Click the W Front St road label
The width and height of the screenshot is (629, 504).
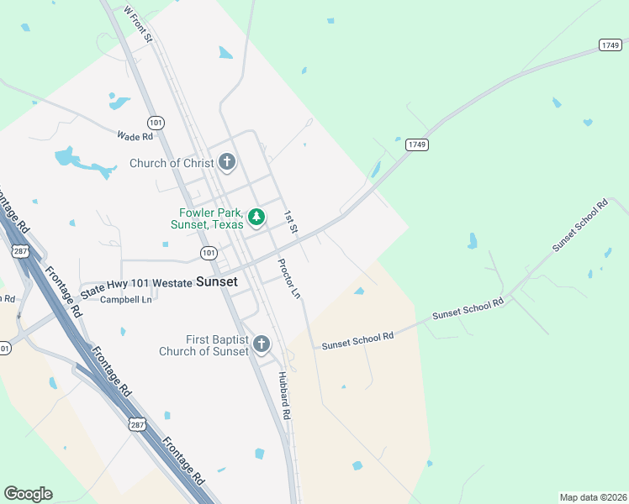click(x=138, y=24)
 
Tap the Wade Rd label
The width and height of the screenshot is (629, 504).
click(x=135, y=136)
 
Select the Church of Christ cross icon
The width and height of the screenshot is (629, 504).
click(x=226, y=161)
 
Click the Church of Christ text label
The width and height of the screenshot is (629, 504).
click(x=172, y=163)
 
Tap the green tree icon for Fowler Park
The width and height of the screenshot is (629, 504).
click(x=256, y=218)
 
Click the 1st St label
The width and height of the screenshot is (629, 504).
click(x=291, y=222)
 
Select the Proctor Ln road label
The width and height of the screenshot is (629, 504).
click(x=288, y=279)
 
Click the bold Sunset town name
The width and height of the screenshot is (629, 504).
click(x=216, y=283)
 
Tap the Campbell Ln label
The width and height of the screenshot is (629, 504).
click(x=126, y=300)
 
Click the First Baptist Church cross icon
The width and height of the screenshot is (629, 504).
click(x=262, y=344)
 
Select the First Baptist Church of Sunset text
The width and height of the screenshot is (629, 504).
click(x=204, y=345)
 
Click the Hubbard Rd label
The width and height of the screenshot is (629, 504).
click(x=284, y=396)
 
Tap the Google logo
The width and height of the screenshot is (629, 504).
click(x=28, y=494)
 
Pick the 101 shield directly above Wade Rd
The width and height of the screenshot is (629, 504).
click(x=156, y=123)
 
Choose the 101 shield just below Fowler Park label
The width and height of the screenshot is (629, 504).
click(x=209, y=253)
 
